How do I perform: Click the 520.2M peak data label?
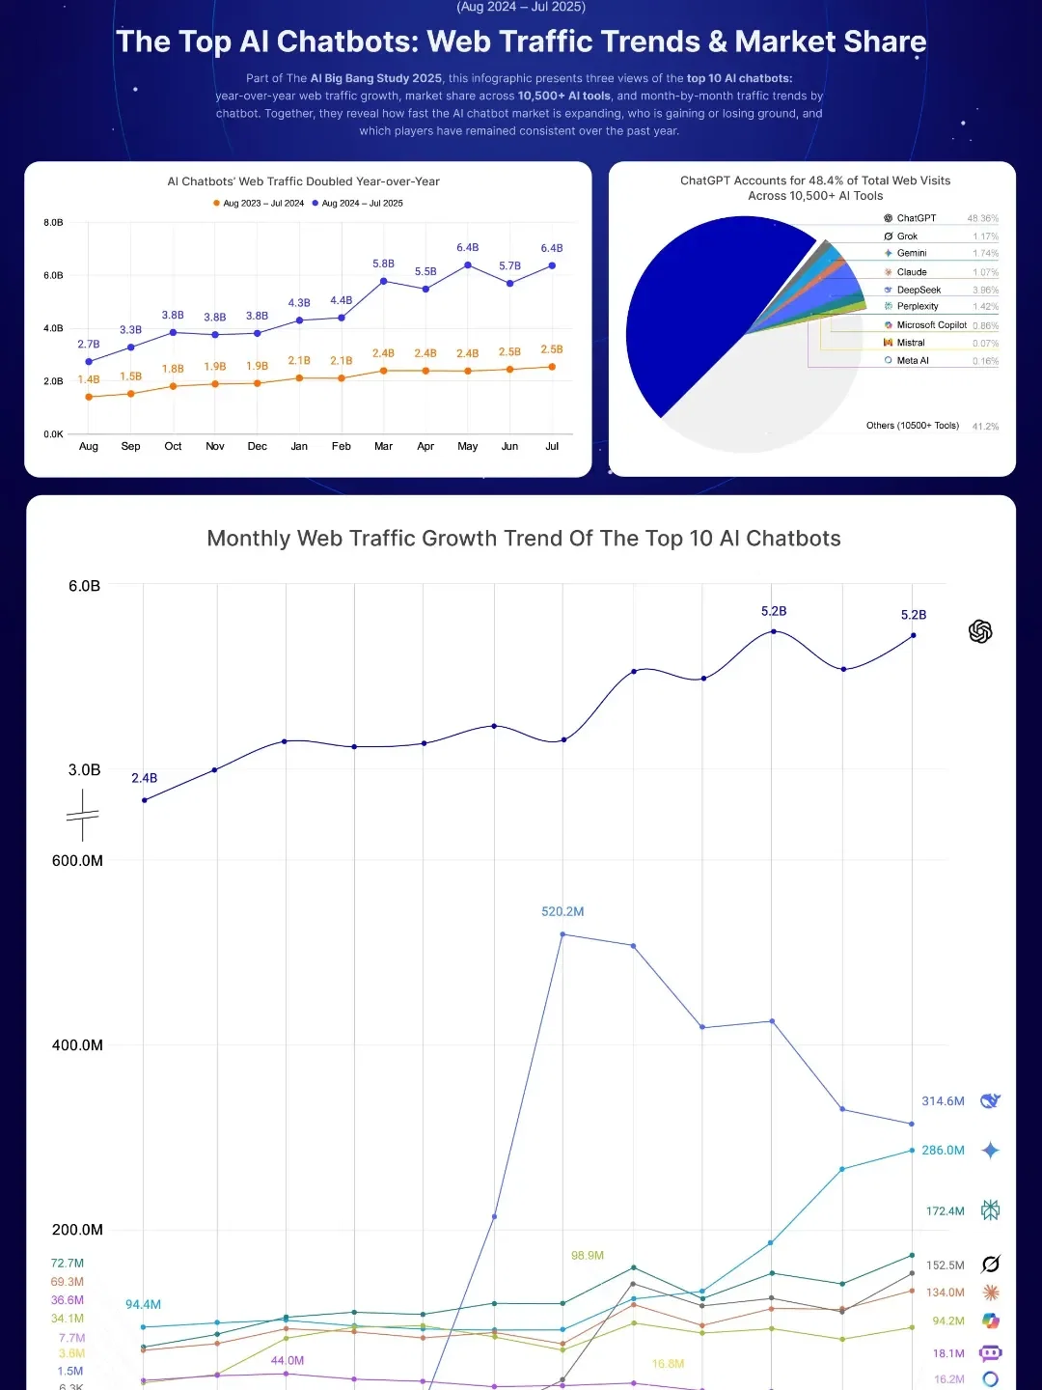tap(562, 911)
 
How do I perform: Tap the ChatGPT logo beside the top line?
tap(980, 631)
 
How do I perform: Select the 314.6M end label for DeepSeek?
tap(943, 1100)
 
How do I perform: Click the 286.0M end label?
tap(943, 1150)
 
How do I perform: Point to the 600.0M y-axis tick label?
tap(77, 860)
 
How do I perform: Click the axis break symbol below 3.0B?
tap(83, 816)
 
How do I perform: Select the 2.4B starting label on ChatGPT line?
tap(144, 778)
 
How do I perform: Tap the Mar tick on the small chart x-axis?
tap(383, 446)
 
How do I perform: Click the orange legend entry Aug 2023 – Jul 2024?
tap(259, 203)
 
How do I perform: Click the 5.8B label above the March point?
tap(383, 264)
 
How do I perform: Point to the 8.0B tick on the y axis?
tap(53, 222)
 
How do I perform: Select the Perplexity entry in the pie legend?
tap(917, 306)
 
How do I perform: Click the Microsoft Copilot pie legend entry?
tap(930, 325)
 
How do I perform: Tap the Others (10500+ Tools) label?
tap(912, 426)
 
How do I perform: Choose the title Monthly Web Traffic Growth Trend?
tap(523, 539)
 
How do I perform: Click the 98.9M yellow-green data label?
tap(587, 1255)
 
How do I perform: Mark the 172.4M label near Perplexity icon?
tap(945, 1210)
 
